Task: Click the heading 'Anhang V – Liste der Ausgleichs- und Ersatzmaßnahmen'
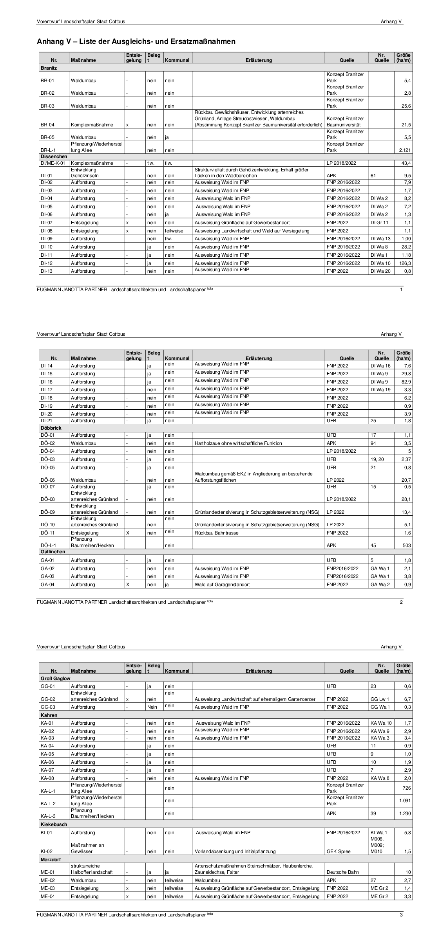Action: [x=136, y=41]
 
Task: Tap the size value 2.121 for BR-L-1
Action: [x=404, y=150]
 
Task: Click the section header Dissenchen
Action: [x=54, y=157]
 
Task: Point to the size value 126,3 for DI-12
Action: [x=405, y=263]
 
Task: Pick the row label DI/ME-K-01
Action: [x=52, y=163]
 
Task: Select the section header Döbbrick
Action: [x=51, y=428]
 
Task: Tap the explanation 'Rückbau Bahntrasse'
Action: [x=216, y=533]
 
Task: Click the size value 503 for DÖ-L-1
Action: [x=407, y=545]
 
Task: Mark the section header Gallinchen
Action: [x=53, y=552]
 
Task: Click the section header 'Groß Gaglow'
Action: [x=55, y=679]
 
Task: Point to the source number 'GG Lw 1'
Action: [x=380, y=699]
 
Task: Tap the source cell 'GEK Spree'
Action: [x=337, y=851]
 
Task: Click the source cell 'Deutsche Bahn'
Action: [x=342, y=872]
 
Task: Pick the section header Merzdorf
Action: [x=51, y=859]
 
